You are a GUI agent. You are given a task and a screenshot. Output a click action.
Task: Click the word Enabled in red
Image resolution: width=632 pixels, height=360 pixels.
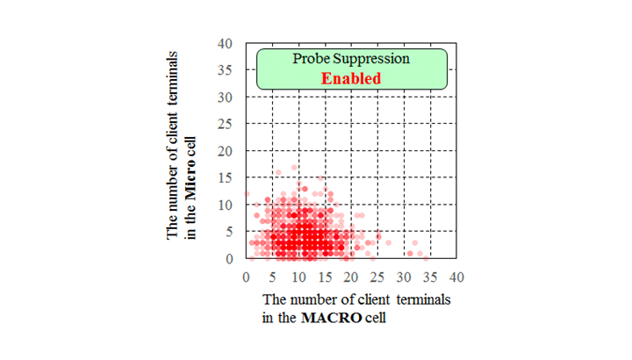tap(350, 78)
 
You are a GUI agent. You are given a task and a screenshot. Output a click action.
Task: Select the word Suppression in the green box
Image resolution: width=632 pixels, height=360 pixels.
tap(371, 59)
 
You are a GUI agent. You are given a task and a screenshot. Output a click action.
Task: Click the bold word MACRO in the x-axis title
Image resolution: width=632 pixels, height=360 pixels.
tap(331, 318)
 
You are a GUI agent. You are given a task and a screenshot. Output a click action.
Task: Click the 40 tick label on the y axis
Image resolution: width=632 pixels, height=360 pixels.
tap(225, 44)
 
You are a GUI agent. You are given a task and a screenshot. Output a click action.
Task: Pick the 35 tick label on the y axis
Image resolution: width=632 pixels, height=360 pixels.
tap(225, 70)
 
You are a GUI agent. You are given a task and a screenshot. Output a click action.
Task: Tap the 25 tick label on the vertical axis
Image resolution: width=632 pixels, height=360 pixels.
tap(225, 124)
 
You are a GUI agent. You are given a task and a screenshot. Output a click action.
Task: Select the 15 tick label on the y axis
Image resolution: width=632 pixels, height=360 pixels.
tap(225, 177)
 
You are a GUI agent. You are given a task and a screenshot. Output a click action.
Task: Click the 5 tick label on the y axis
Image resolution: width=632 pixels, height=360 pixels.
tap(229, 232)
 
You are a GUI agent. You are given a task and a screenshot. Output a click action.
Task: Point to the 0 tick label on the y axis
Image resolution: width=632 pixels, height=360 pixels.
tap(229, 259)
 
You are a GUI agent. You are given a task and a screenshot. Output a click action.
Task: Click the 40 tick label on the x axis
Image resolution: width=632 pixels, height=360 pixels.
tap(456, 277)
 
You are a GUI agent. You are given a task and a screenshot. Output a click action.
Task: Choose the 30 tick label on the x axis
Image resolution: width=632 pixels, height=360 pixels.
tap(404, 277)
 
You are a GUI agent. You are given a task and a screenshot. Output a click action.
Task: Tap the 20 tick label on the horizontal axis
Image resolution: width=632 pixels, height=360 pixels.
tap(351, 277)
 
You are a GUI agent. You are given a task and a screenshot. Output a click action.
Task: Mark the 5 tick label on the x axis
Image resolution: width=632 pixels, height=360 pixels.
tap(272, 277)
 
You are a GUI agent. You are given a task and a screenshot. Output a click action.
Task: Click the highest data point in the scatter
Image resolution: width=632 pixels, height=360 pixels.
tap(294, 168)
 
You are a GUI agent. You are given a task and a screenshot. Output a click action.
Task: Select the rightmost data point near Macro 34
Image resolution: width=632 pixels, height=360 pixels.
tap(426, 258)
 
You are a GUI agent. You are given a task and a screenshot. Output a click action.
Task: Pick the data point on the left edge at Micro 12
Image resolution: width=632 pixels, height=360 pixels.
tap(247, 194)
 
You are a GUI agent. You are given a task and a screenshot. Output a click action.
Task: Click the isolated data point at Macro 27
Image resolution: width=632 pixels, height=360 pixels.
tap(389, 242)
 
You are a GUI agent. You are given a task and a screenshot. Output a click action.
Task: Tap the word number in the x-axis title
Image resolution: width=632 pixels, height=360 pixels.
tap(313, 299)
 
